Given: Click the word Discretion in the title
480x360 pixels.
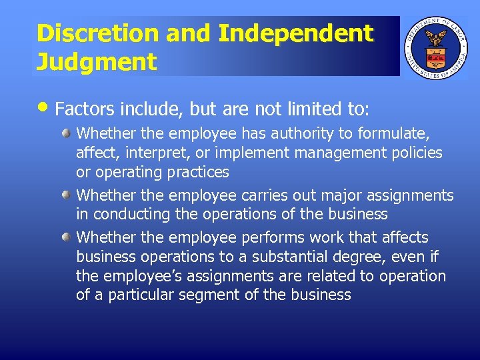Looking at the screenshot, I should click(88, 34).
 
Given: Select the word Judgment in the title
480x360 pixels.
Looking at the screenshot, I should click(96, 62).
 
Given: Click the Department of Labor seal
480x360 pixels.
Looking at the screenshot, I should click(437, 47).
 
